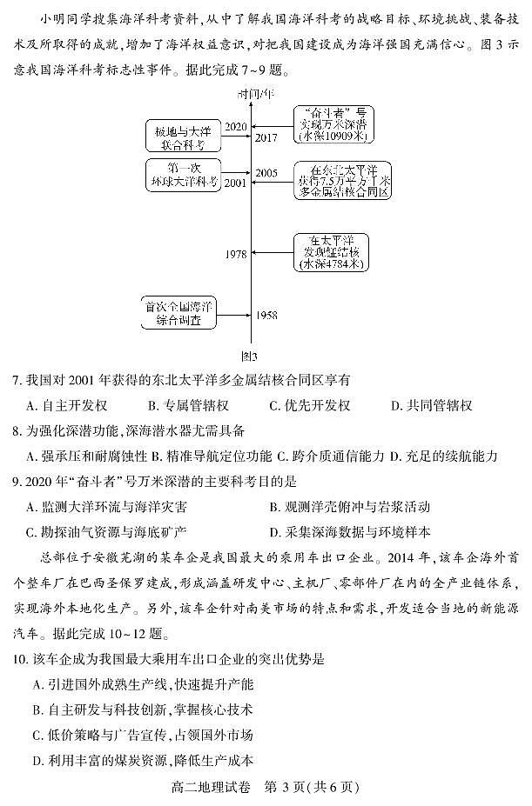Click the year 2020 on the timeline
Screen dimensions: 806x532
pos(235,127)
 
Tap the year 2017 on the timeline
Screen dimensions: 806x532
pos(266,137)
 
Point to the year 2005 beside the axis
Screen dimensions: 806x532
pos(266,173)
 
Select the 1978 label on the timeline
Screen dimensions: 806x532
pos(235,254)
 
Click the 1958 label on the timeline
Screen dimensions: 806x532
pos(266,314)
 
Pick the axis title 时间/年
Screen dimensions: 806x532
pos(252,93)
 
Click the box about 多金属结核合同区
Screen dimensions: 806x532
pos(341,180)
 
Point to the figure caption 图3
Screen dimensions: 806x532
pos(249,356)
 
